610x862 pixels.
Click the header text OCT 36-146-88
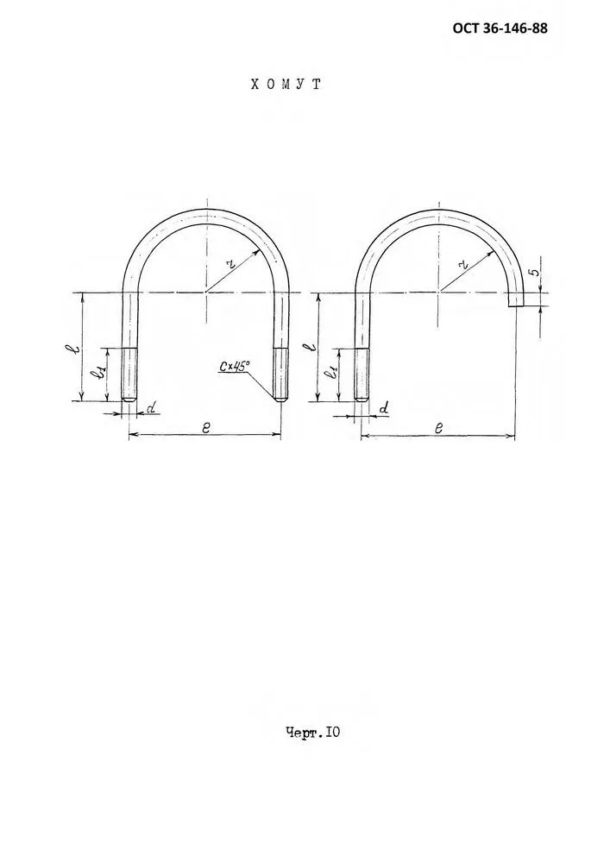[500, 28]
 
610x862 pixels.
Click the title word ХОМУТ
[286, 84]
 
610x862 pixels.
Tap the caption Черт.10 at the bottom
[312, 733]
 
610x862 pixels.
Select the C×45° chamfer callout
[234, 366]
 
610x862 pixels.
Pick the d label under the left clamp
[152, 406]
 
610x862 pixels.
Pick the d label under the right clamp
[385, 408]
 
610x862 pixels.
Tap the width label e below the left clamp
[205, 427]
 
